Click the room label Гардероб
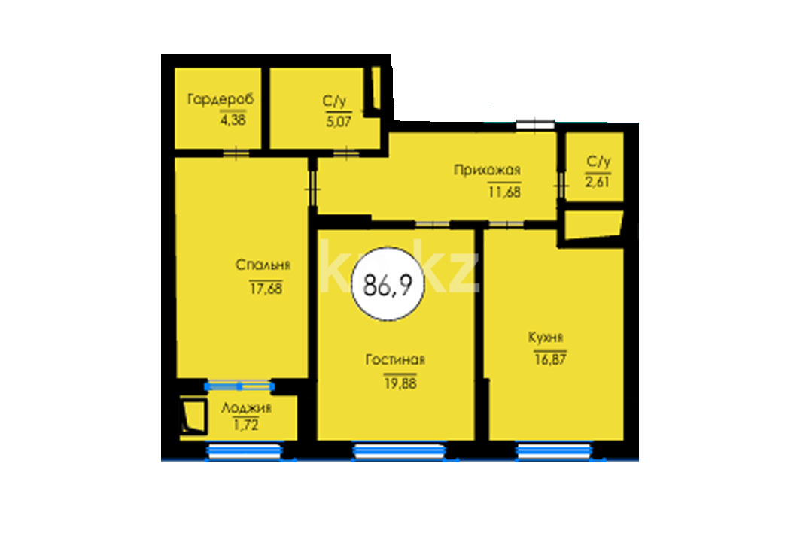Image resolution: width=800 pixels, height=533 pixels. pyautogui.click(x=221, y=98)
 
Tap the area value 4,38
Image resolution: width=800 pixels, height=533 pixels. pyautogui.click(x=233, y=120)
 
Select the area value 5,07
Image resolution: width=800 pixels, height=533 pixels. pyautogui.click(x=339, y=121)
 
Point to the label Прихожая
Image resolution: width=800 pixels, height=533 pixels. pyautogui.click(x=487, y=170)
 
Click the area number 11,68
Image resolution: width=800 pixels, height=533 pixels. pyautogui.click(x=504, y=192)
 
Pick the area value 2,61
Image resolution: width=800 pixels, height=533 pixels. pyautogui.click(x=598, y=182)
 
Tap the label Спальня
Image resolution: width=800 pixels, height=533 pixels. pyautogui.click(x=263, y=265)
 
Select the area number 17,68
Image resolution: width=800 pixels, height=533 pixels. pyautogui.click(x=266, y=289)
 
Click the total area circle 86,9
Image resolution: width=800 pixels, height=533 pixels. pyautogui.click(x=388, y=284)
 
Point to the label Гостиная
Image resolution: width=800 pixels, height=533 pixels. pyautogui.click(x=395, y=360)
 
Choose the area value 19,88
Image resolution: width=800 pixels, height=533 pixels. pyautogui.click(x=400, y=383)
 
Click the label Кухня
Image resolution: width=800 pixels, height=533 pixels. pyautogui.click(x=546, y=337)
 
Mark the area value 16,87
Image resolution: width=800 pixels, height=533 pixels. pyautogui.click(x=550, y=359)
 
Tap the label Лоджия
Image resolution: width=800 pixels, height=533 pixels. pyautogui.click(x=246, y=408)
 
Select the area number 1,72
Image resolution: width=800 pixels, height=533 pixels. pyautogui.click(x=246, y=425)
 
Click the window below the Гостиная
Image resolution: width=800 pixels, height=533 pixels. pyautogui.click(x=399, y=451)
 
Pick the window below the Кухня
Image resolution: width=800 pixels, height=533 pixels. pyautogui.click(x=554, y=451)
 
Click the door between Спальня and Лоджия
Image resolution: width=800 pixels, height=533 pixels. pyautogui.click(x=239, y=386)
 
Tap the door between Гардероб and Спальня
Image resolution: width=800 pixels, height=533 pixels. pyautogui.click(x=236, y=153)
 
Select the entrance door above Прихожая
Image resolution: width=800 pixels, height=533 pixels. pyautogui.click(x=534, y=124)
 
